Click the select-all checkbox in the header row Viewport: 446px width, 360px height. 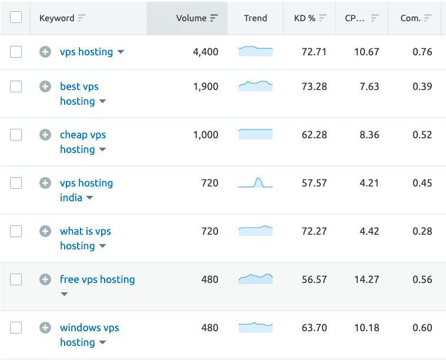click(16, 18)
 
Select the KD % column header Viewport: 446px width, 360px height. click(304, 18)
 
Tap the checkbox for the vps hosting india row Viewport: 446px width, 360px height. click(16, 183)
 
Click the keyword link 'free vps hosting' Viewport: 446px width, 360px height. click(97, 279)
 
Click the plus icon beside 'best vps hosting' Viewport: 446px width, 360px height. click(45, 86)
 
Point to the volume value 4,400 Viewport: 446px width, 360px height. click(205, 52)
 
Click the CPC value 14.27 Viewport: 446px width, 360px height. click(367, 279)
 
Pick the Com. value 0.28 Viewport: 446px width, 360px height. click(422, 231)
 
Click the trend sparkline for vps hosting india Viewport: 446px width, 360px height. click(256, 183)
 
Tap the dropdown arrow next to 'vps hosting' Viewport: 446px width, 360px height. click(121, 52)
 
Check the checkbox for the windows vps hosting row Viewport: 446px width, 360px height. click(16, 328)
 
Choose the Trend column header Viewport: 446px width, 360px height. click(256, 18)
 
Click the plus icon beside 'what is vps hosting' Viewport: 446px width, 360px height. click(45, 231)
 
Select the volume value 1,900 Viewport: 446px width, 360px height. click(205, 86)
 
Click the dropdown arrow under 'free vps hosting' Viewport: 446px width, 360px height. click(64, 294)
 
